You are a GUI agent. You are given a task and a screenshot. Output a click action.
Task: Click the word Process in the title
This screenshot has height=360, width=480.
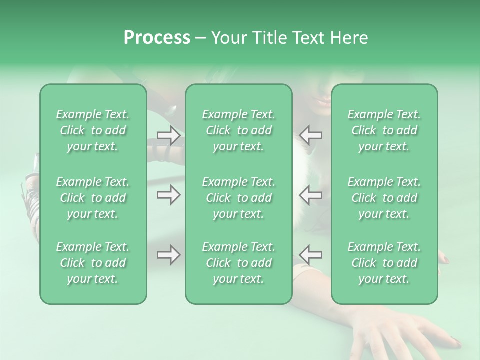(x=157, y=38)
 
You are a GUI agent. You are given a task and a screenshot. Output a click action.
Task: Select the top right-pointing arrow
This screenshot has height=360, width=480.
(x=169, y=135)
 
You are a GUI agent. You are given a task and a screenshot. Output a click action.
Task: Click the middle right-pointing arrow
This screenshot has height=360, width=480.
(x=169, y=195)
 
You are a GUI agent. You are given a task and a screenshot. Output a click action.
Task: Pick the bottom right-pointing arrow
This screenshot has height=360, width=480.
(x=169, y=255)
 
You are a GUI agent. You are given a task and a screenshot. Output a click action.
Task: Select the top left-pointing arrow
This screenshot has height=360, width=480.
(x=311, y=135)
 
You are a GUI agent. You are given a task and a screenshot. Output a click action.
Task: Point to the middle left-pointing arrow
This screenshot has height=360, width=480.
(x=311, y=195)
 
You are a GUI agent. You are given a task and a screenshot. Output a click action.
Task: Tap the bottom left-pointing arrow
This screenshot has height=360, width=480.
(x=311, y=255)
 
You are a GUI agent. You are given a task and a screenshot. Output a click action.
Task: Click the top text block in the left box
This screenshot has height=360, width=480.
(x=93, y=130)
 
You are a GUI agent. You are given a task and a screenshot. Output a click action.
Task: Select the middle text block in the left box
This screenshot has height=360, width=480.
(x=93, y=198)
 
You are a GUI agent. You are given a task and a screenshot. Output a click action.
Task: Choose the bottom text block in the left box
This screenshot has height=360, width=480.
(x=93, y=263)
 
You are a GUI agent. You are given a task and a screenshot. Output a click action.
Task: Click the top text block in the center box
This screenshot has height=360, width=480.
(x=238, y=130)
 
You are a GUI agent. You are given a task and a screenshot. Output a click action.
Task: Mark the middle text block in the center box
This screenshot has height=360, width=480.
(x=238, y=198)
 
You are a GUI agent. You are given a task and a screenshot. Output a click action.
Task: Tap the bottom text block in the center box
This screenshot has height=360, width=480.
(x=238, y=263)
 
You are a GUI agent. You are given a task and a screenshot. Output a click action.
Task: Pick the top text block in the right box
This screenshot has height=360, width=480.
(x=384, y=130)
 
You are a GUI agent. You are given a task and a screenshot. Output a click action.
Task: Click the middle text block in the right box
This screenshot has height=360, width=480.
(x=384, y=198)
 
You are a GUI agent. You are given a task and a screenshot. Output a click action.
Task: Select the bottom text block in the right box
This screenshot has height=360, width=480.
(x=384, y=263)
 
